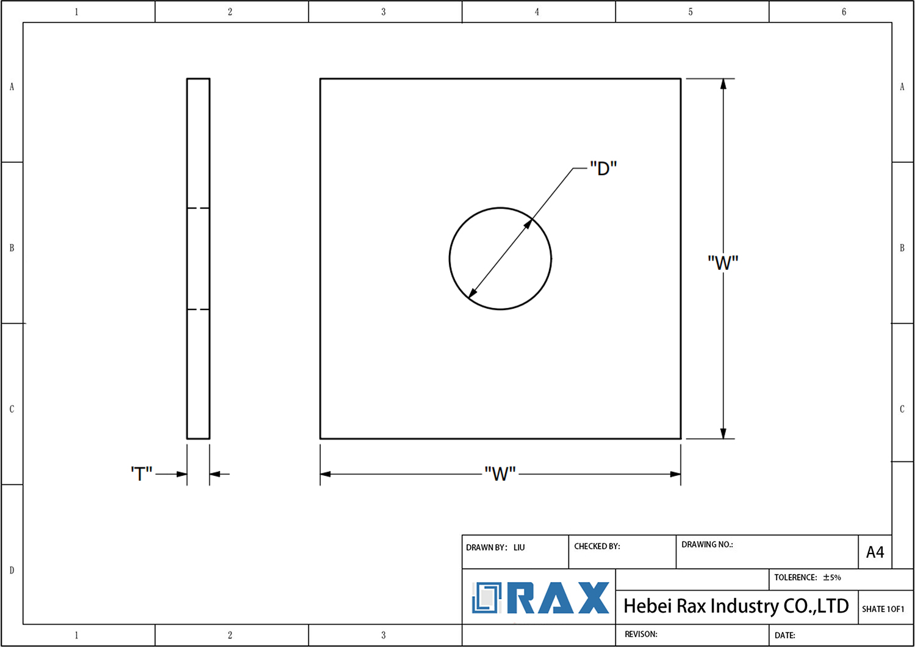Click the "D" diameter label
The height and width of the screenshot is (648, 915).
tap(603, 168)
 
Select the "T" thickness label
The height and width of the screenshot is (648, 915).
tap(142, 473)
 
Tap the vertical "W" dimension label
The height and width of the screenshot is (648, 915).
tap(723, 263)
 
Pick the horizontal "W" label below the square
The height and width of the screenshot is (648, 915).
tap(500, 474)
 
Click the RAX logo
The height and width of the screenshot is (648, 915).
tap(540, 598)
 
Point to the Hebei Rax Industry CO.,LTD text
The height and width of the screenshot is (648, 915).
tap(736, 606)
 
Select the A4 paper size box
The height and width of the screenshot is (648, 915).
tap(875, 552)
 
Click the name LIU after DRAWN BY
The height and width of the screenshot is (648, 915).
tap(519, 547)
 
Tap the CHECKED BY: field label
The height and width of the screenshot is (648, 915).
tap(597, 546)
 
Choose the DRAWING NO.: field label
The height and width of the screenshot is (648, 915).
tap(707, 544)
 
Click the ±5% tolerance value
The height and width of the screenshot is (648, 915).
tap(832, 577)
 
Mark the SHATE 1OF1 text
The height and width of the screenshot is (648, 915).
tap(883, 609)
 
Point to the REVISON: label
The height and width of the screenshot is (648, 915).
tap(640, 634)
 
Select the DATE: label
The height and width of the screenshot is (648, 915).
tap(784, 635)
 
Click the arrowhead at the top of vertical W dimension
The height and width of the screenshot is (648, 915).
tap(723, 84)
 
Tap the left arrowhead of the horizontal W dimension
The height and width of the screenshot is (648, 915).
tap(326, 474)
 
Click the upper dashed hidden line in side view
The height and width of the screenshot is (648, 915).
tap(198, 208)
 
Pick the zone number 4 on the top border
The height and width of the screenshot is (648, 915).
tap(537, 12)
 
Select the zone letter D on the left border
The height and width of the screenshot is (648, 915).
tap(12, 570)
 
